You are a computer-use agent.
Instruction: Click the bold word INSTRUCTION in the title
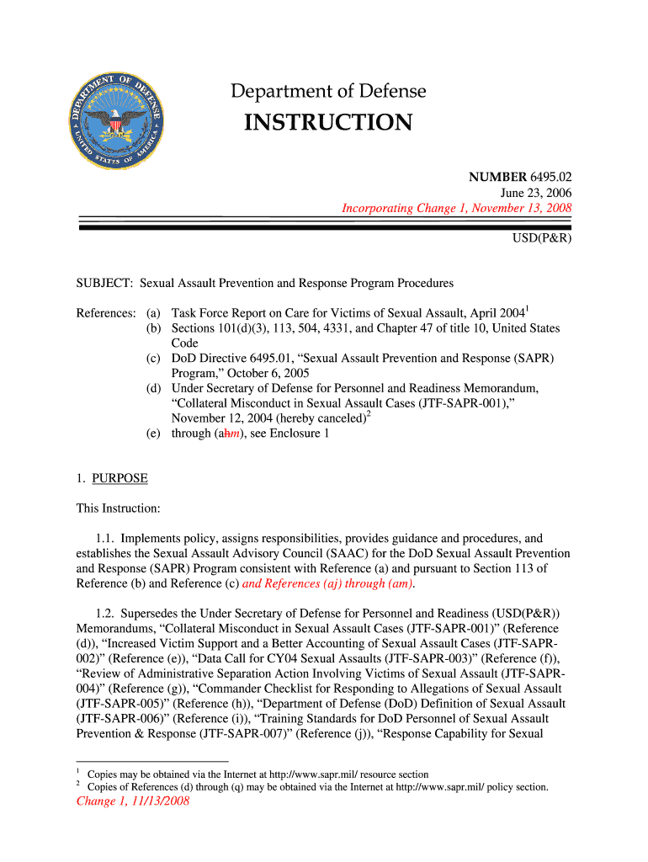tap(328, 123)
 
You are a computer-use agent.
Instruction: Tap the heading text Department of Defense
tap(328, 91)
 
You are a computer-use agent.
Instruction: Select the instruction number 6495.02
tap(550, 177)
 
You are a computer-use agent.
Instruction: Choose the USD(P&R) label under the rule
tap(542, 238)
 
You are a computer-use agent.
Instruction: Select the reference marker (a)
tap(154, 313)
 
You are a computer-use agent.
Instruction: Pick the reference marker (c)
tap(154, 358)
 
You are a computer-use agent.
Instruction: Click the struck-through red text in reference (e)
tap(223, 434)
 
